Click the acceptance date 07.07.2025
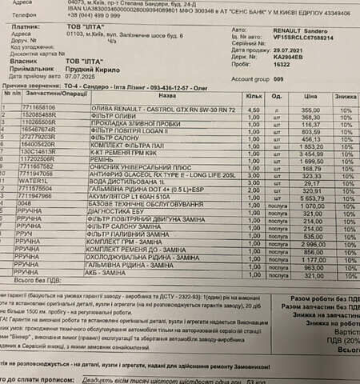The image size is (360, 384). pyautogui.click(x=86, y=77)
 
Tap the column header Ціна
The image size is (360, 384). pyautogui.click(x=310, y=95)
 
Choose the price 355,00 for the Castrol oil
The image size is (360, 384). pyautogui.click(x=310, y=110)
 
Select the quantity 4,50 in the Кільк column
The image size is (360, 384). pyautogui.click(x=254, y=110)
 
